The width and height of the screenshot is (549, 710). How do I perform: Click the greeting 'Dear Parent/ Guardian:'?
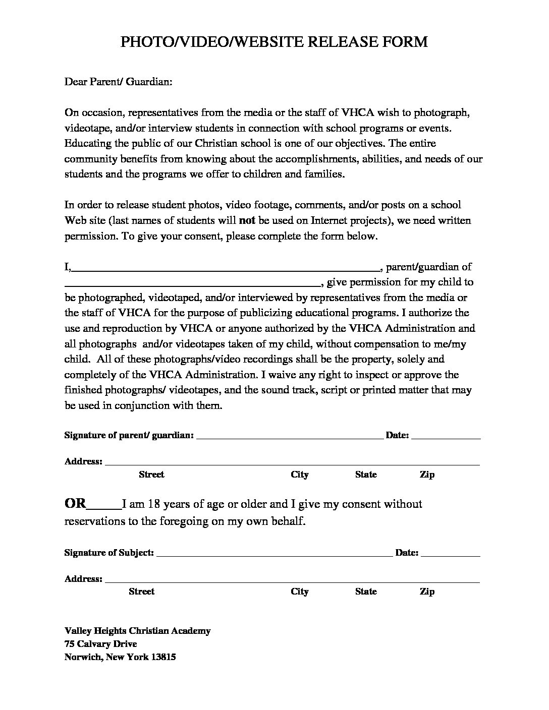click(118, 81)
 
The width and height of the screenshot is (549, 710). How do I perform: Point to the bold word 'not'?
click(247, 220)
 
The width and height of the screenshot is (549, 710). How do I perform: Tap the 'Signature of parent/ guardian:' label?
click(129, 435)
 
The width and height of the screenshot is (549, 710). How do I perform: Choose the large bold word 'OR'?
click(76, 504)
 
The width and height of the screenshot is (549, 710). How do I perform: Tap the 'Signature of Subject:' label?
click(109, 553)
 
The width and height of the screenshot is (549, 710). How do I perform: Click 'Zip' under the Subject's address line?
click(427, 591)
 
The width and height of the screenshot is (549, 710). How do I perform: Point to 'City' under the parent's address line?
click(299, 475)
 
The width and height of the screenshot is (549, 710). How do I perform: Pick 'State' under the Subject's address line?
click(366, 591)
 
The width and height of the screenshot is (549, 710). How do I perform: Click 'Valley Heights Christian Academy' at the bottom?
click(137, 631)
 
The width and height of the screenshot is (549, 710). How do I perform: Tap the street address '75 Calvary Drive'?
click(100, 644)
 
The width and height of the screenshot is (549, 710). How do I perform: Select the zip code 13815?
click(163, 657)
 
